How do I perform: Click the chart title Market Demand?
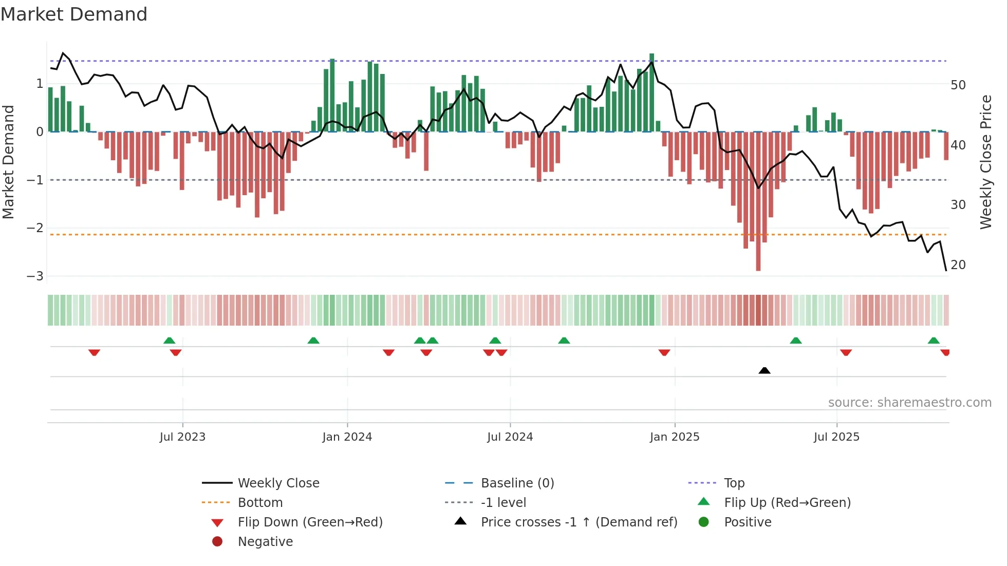tap(74, 14)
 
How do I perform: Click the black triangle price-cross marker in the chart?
tap(764, 370)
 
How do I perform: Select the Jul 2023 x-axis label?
tap(182, 437)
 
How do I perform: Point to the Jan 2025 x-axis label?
tap(675, 437)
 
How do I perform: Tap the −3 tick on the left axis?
tap(35, 276)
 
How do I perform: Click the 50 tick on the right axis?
tap(958, 85)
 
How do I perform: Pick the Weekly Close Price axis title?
tap(985, 162)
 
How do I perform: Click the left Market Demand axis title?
tap(9, 162)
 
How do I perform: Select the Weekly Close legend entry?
tap(278, 483)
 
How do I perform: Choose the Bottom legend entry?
tap(260, 503)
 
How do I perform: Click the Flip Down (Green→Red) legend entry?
tap(310, 522)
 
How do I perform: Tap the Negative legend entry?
tap(265, 542)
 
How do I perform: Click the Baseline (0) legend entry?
tap(517, 483)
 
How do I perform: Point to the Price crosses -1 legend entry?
tap(579, 522)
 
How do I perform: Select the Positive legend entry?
tap(748, 522)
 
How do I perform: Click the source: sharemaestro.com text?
tap(909, 403)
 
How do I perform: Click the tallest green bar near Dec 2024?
tap(651, 92)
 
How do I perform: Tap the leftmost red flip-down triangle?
tap(94, 352)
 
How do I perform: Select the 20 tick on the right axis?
tap(958, 265)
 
